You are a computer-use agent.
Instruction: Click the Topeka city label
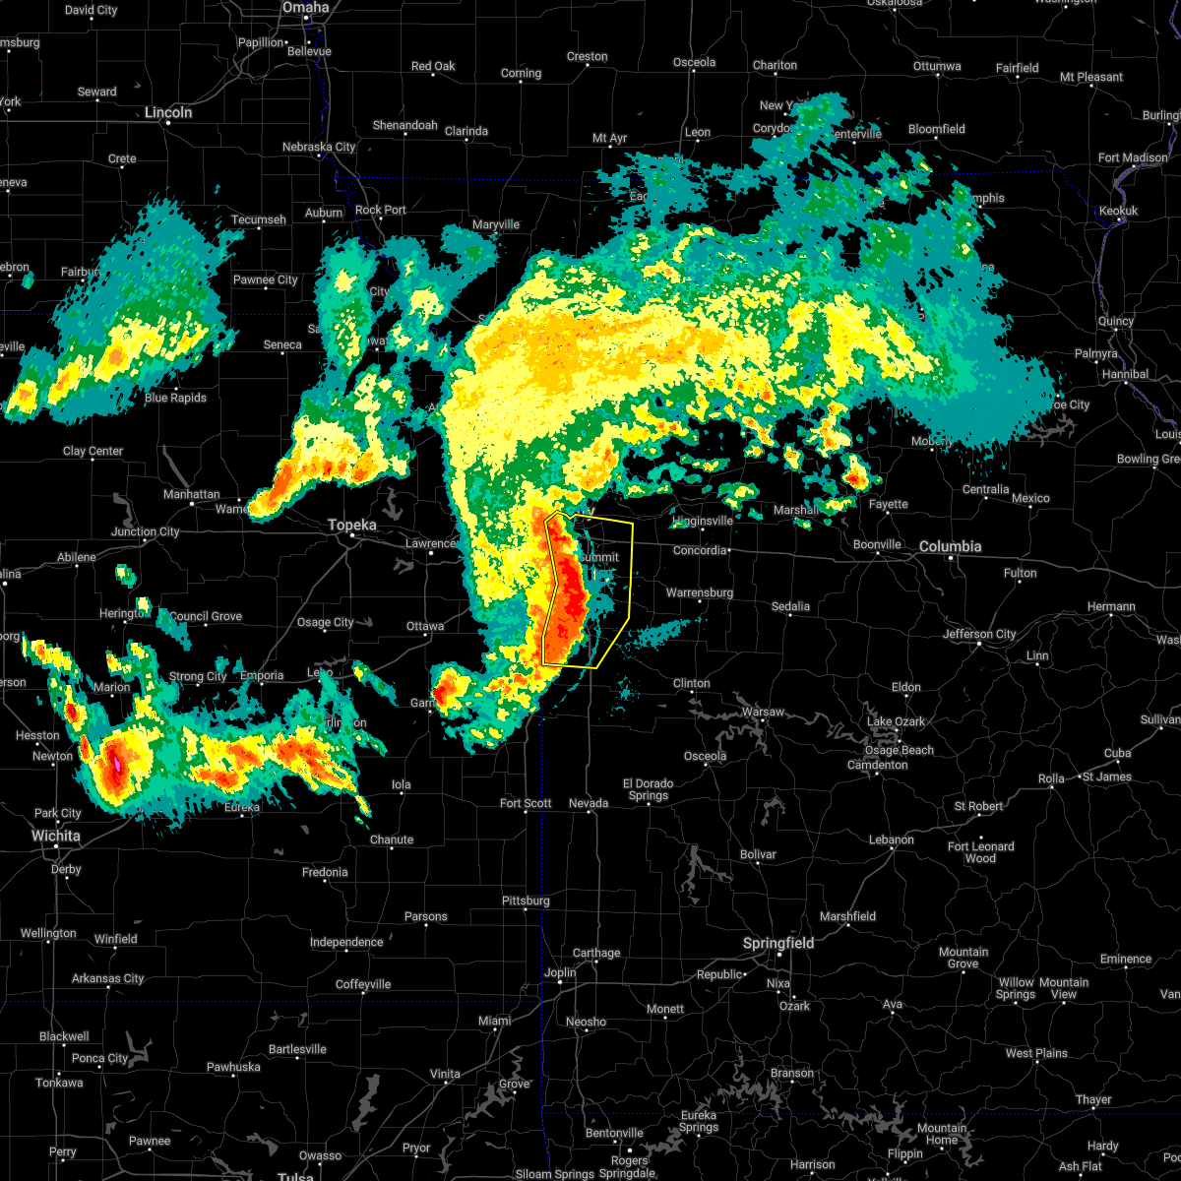coord(351,526)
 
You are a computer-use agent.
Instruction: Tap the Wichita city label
coord(55,836)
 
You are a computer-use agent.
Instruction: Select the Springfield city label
coord(777,943)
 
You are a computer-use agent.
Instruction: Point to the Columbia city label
coord(951,546)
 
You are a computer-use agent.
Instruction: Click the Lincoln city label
coord(168,112)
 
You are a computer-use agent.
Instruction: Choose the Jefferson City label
coord(979,634)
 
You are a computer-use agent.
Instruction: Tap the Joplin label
coord(560,972)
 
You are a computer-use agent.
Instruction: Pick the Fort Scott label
coord(526,803)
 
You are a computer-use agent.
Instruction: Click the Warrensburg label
coord(699,592)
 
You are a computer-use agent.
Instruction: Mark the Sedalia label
coord(790,606)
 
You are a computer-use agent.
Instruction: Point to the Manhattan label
coord(192,494)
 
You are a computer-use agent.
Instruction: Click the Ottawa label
coord(425,626)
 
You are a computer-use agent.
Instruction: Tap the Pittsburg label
coord(525,901)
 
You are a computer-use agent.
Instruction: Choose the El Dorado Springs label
coord(648,789)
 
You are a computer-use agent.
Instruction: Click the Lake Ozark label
coord(896,721)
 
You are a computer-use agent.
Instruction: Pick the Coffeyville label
coord(363,984)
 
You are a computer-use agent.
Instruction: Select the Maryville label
coord(495,224)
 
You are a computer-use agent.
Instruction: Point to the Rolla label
coord(1051,778)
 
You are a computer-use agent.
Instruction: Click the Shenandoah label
coord(404,125)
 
